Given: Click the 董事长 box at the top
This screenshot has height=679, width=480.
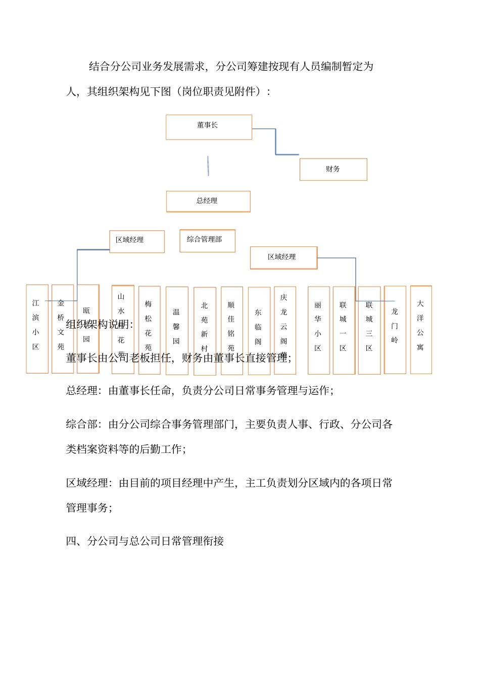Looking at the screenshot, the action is (209, 127).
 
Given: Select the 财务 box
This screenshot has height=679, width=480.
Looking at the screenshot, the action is (333, 169).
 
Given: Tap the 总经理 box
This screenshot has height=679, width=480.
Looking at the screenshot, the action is (208, 201).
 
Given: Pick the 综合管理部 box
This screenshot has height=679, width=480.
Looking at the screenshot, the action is (207, 240).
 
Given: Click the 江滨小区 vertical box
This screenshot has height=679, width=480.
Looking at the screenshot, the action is (37, 328).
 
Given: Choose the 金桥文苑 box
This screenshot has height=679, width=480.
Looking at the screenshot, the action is (62, 328).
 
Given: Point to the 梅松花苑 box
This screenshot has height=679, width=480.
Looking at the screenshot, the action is (149, 330).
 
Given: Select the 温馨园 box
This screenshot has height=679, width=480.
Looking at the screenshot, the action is (177, 330).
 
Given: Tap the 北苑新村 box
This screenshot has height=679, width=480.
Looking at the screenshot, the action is (205, 331).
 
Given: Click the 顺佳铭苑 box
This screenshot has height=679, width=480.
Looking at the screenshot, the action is (231, 331).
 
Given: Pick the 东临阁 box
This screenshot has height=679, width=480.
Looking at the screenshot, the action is (259, 331).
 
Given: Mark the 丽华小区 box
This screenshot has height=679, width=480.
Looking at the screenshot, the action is (318, 330).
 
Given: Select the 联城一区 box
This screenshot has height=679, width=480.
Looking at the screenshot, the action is (344, 330).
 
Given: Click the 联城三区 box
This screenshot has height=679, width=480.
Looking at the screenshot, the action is (369, 330).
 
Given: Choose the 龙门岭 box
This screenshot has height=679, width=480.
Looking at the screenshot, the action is (395, 329).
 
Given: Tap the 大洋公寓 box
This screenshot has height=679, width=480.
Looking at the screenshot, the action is (420, 329).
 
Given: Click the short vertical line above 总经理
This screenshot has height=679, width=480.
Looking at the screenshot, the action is (208, 166).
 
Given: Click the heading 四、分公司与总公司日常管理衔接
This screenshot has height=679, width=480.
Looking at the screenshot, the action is (145, 541).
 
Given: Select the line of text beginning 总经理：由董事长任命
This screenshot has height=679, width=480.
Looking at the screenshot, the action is (200, 390).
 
